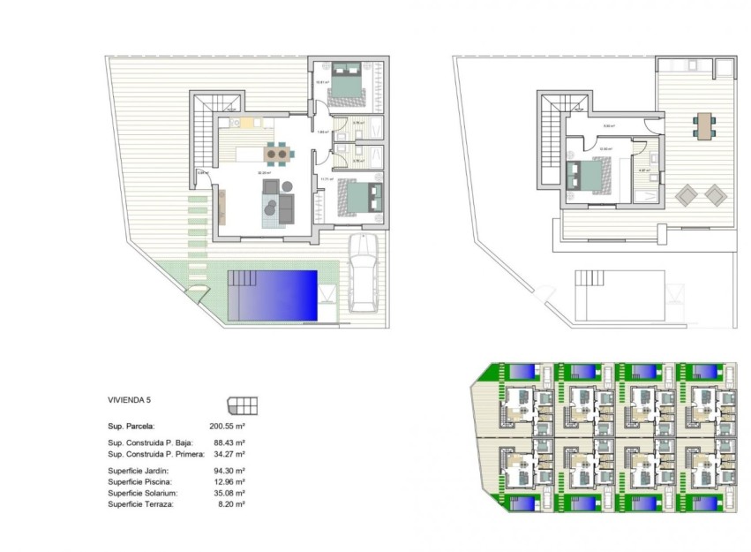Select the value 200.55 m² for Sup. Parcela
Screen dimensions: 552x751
pos(227,425)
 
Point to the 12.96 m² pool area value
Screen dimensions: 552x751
pos(228,482)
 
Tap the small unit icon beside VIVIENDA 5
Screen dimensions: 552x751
pos(243,405)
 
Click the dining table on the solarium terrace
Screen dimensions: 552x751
pos(703,125)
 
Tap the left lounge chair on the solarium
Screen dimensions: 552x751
pos(686,193)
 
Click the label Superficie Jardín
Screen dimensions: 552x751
pos(139,471)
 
